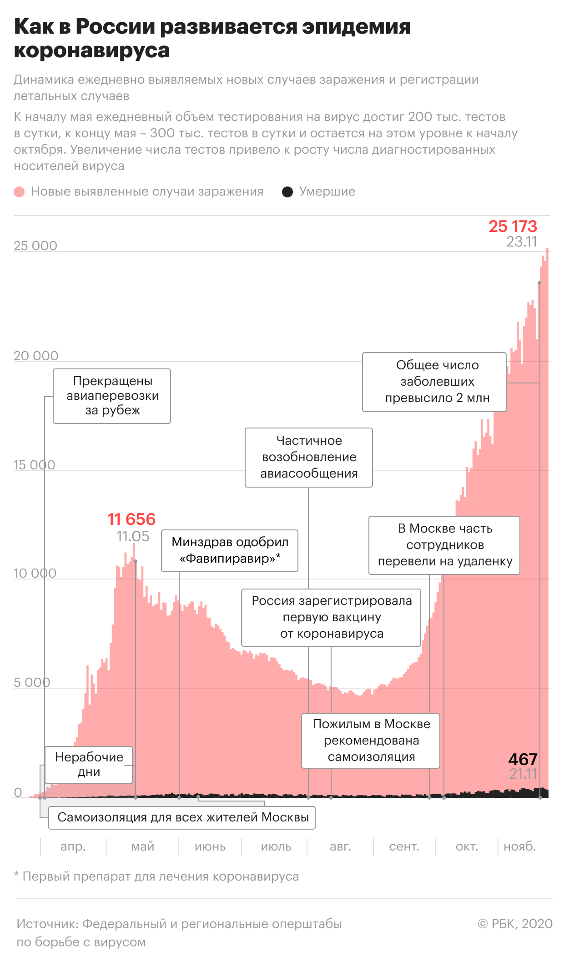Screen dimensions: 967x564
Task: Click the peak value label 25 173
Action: tap(513, 226)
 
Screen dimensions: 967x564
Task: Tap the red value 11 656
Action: tap(131, 519)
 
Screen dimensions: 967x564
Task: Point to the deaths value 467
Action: tap(523, 759)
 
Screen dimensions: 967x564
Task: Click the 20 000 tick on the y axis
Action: tap(36, 356)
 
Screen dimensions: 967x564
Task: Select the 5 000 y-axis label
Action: tap(32, 682)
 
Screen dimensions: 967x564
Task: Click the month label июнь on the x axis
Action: tap(210, 846)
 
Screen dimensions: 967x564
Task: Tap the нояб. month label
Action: tap(520, 846)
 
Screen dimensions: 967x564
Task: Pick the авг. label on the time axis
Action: tap(340, 846)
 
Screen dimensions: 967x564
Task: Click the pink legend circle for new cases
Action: tap(19, 192)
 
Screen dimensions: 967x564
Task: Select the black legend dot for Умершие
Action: tap(287, 192)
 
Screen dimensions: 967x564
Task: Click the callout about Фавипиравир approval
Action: tap(230, 550)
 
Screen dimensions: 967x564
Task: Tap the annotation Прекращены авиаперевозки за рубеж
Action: tap(112, 396)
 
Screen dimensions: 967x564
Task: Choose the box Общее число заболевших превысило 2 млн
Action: tap(434, 382)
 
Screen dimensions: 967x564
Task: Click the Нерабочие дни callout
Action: tap(89, 765)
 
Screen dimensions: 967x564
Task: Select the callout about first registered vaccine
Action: tap(331, 617)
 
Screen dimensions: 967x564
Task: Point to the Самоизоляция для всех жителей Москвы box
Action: tap(183, 817)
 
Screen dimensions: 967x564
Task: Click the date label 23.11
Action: tap(522, 242)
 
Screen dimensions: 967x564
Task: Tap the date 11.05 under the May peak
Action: tap(133, 536)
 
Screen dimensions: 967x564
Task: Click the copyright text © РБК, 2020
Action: tap(515, 924)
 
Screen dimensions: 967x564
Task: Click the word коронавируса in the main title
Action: tap(92, 50)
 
